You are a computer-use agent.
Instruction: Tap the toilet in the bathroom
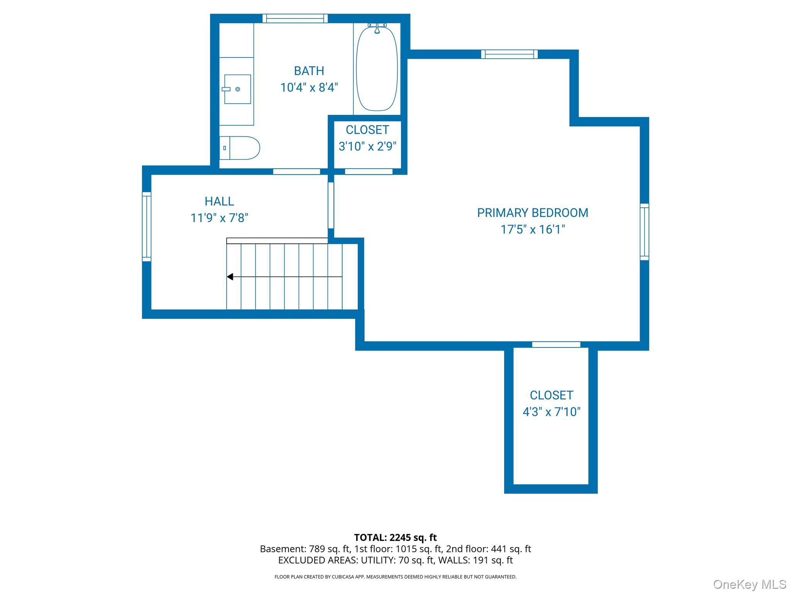(240, 148)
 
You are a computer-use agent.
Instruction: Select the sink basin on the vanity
(237, 89)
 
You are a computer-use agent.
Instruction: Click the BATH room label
(309, 71)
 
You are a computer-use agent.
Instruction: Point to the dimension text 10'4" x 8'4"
(309, 88)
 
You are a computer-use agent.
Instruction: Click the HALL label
(219, 202)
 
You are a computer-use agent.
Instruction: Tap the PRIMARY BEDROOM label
(532, 213)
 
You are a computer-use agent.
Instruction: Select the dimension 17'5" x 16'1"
(532, 230)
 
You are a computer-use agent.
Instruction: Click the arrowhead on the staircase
(230, 277)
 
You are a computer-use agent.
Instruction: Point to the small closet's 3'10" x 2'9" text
(367, 146)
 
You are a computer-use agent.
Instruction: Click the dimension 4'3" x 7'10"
(551, 412)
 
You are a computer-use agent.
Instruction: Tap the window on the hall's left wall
(146, 227)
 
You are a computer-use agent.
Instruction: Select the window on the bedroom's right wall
(644, 232)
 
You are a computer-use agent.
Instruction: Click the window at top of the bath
(295, 19)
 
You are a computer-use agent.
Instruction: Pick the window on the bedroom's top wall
(509, 54)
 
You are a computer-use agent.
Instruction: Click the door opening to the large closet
(556, 345)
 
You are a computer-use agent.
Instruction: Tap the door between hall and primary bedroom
(331, 205)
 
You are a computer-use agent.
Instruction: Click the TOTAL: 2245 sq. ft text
(395, 537)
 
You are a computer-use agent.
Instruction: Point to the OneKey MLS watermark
(749, 585)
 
